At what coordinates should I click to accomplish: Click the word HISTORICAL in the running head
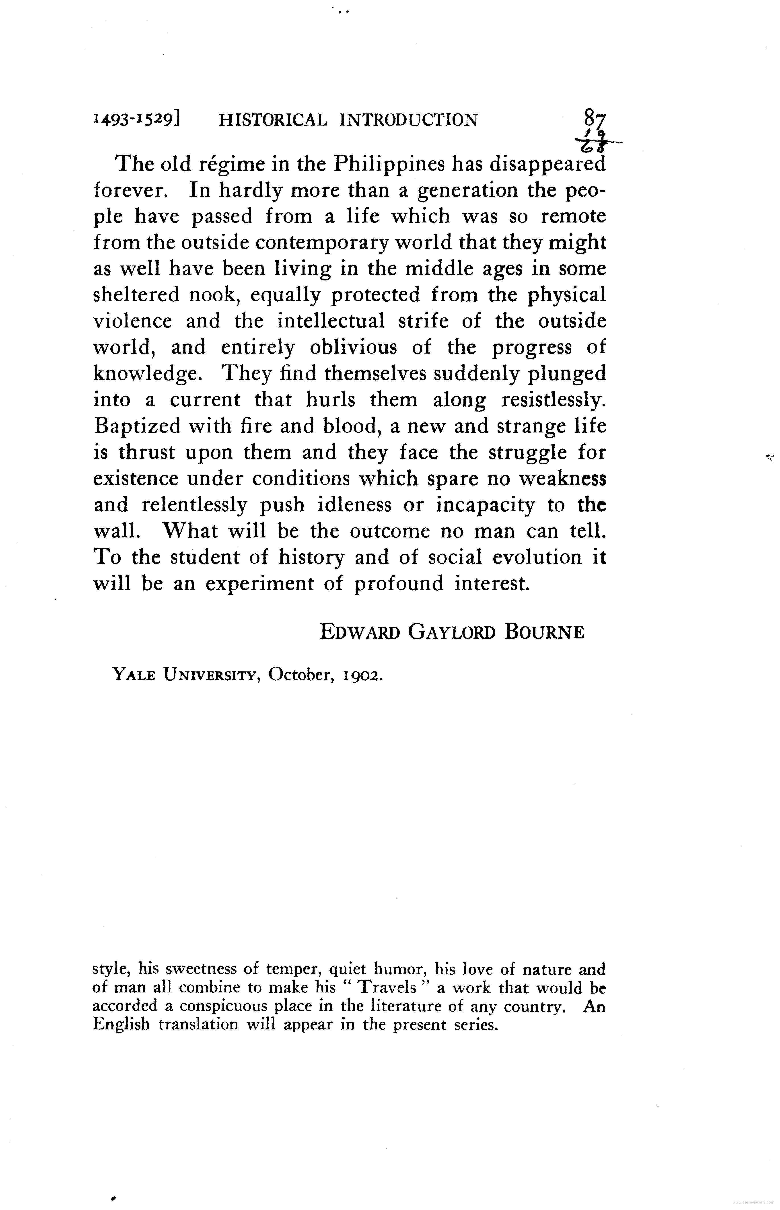tap(272, 120)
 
